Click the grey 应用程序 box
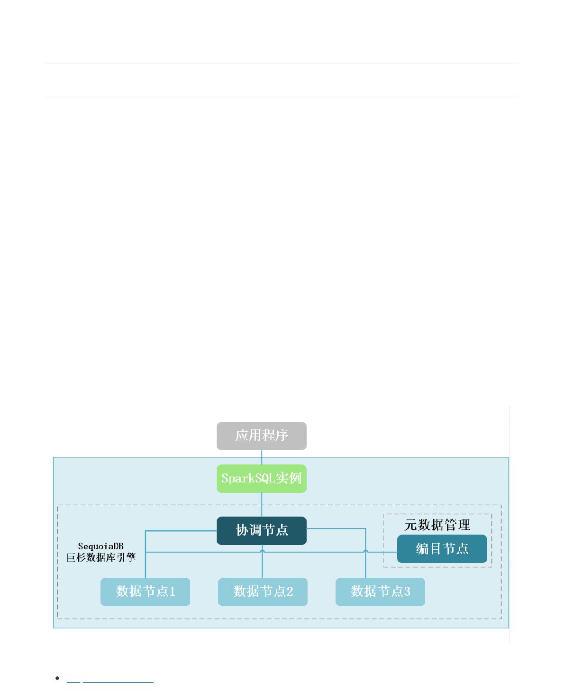[x=261, y=436]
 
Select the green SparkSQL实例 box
[x=261, y=478]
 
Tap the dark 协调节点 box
[x=261, y=530]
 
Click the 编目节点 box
[x=441, y=548]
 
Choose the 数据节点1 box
[x=145, y=591]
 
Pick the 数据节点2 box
[x=263, y=591]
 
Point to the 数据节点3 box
[x=380, y=591]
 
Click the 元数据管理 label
[x=437, y=525]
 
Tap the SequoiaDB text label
[x=100, y=546]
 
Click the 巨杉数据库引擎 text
[x=101, y=557]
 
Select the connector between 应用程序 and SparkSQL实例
[x=261, y=457]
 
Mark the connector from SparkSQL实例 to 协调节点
[x=261, y=505]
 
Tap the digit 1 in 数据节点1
[x=172, y=591]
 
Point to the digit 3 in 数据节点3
[x=407, y=591]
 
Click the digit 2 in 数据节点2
[x=290, y=591]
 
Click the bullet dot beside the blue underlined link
[x=57, y=678]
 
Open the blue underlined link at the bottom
[x=110, y=682]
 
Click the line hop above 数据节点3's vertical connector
[x=365, y=551]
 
